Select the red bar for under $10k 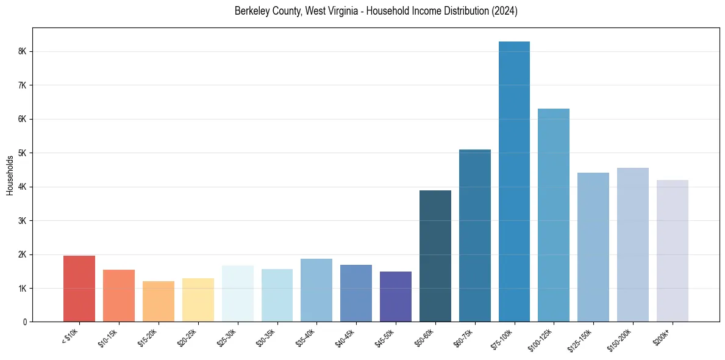point(79,289)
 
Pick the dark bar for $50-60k point(435,256)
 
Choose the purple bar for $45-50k point(396,297)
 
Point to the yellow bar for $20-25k point(198,300)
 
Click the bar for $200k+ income point(672,251)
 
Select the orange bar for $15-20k point(159,301)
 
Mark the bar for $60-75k point(474,236)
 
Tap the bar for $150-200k point(632,245)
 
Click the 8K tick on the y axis point(23,52)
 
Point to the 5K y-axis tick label point(23,153)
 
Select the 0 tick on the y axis point(25,322)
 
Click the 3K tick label point(23,220)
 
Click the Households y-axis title point(10,175)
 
